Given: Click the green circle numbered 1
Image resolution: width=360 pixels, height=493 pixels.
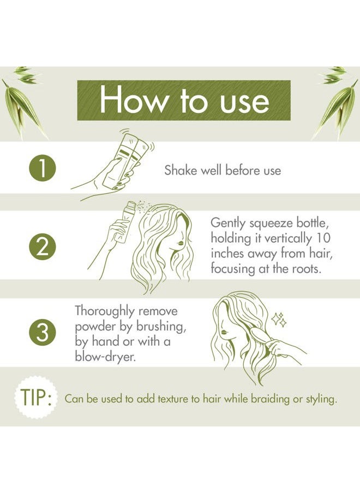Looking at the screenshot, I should click(x=43, y=169).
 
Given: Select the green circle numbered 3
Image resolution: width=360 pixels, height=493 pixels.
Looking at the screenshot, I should click(x=43, y=333).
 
